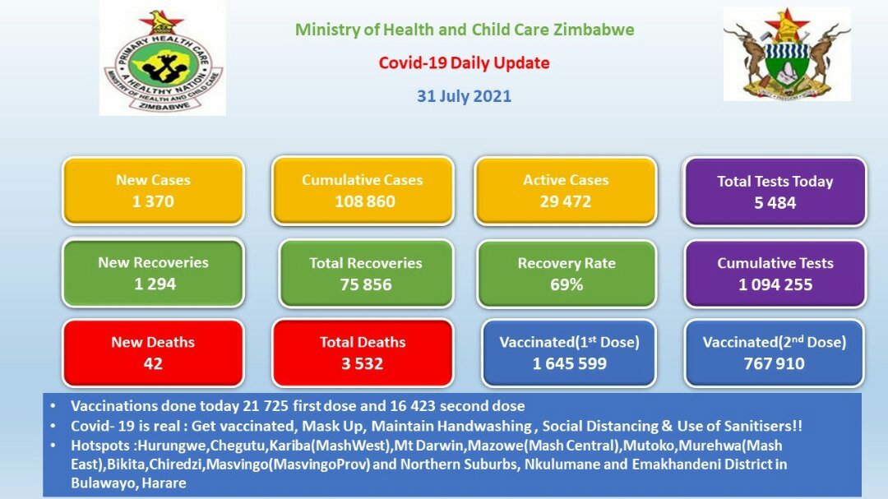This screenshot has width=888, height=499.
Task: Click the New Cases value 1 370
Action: [153, 201]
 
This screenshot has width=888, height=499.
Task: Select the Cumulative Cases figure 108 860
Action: [365, 201]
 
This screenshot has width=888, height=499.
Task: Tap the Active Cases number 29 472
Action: [565, 201]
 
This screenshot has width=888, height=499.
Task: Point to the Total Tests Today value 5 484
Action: [775, 203]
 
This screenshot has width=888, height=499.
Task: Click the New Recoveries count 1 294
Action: [155, 284]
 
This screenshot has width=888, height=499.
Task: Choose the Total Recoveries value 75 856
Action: [366, 284]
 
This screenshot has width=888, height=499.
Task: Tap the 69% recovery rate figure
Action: [567, 284]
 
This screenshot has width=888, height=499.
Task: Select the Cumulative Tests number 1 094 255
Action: [775, 284]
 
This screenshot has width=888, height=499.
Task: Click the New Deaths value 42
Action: [153, 363]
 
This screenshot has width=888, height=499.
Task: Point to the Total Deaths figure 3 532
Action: [362, 363]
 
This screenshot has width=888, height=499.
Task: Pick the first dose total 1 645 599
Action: [569, 363]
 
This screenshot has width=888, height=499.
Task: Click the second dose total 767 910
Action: [775, 363]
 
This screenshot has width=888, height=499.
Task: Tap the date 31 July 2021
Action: [464, 96]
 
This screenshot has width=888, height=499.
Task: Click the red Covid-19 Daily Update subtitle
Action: [464, 62]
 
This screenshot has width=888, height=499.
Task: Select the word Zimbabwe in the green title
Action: [594, 30]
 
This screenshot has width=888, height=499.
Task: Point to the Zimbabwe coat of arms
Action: [787, 54]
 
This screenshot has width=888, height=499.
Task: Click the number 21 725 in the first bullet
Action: [266, 406]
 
